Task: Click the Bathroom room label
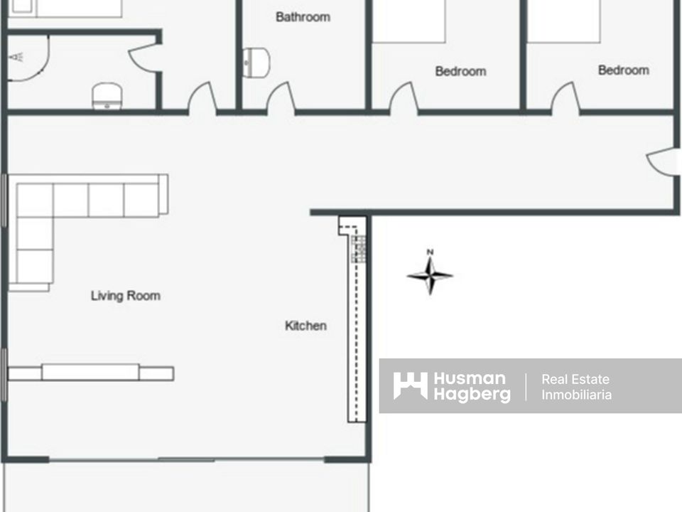(x=303, y=17)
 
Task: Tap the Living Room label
(x=125, y=296)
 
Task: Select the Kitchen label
(x=305, y=325)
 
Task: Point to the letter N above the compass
(x=430, y=252)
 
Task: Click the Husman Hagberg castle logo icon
(x=410, y=385)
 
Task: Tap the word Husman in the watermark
(x=470, y=378)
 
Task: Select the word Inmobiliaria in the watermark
(x=576, y=395)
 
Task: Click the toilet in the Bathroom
(x=256, y=63)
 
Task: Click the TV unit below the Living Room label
(x=91, y=373)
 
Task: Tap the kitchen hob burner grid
(x=358, y=249)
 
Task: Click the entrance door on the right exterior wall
(x=662, y=162)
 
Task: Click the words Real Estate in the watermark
(x=575, y=379)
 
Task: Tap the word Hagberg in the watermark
(x=472, y=394)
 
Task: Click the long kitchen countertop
(x=357, y=320)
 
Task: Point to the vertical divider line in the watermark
(x=526, y=387)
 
